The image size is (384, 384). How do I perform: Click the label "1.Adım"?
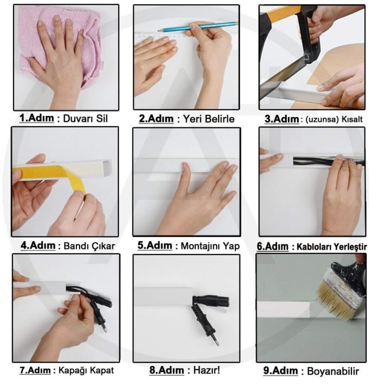(x=36, y=118)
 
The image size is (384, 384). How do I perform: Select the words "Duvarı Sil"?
(x=86, y=119)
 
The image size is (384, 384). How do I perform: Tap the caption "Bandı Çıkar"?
(x=89, y=246)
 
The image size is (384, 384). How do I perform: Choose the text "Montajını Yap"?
(x=210, y=246)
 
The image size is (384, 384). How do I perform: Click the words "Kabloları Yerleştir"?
(x=331, y=246)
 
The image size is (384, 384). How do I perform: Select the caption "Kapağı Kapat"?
(x=86, y=370)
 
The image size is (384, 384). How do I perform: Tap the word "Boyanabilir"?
(x=333, y=371)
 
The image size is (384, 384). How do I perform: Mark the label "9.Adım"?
(x=280, y=371)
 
